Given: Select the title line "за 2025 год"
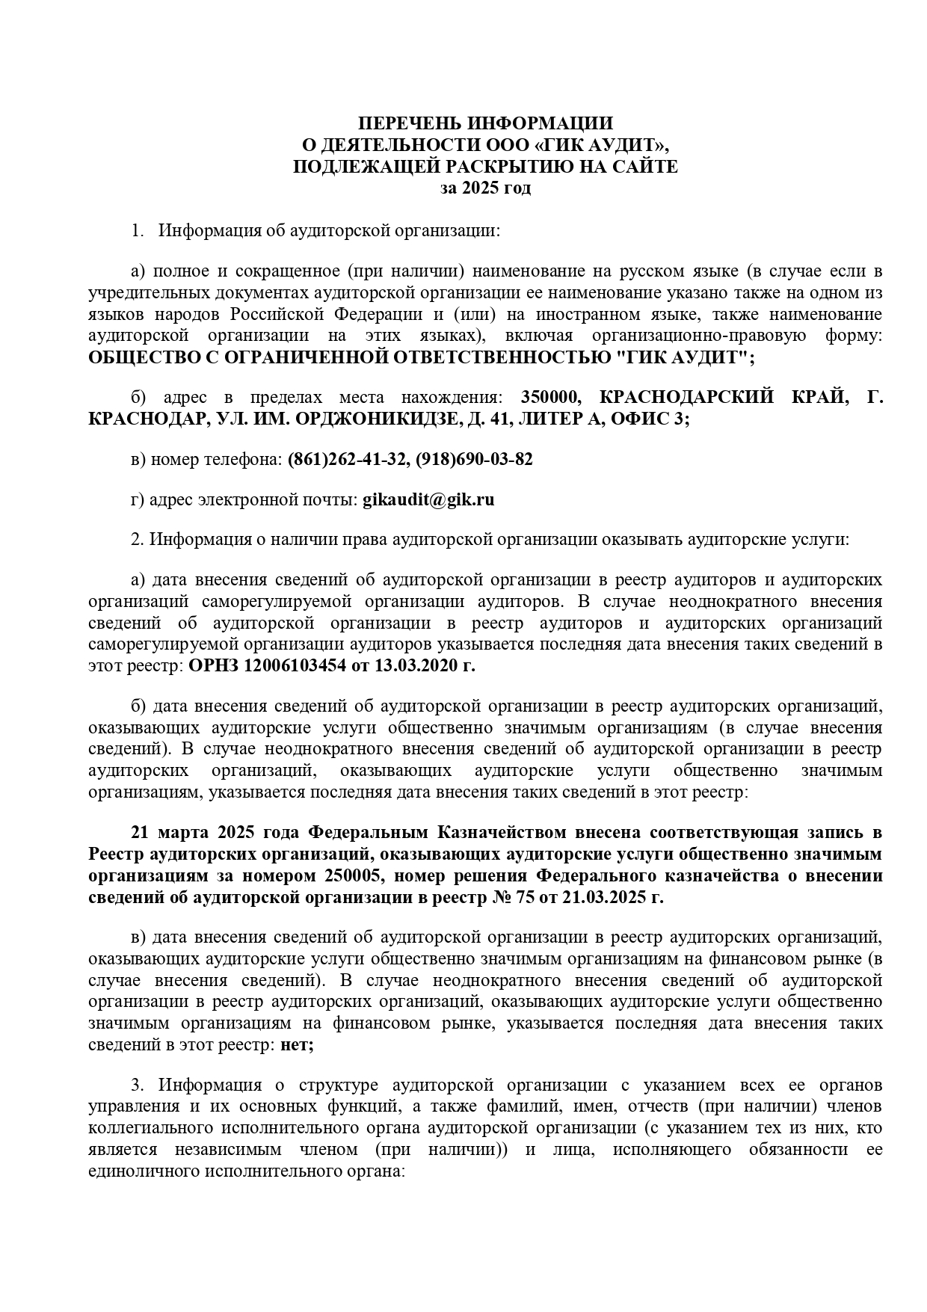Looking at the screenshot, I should [485, 188].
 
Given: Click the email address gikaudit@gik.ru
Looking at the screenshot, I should [428, 499].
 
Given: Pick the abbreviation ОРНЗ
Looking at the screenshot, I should [212, 665].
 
